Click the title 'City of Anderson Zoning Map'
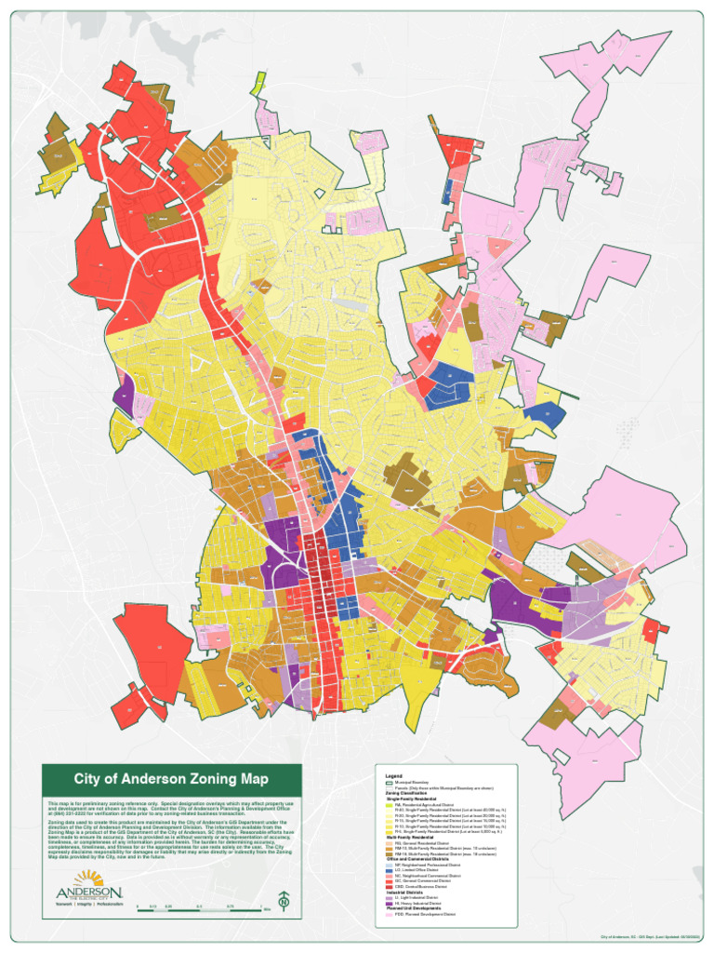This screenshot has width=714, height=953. point(171,779)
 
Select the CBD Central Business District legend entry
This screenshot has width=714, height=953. point(423,888)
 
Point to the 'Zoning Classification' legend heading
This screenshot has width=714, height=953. point(408,793)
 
